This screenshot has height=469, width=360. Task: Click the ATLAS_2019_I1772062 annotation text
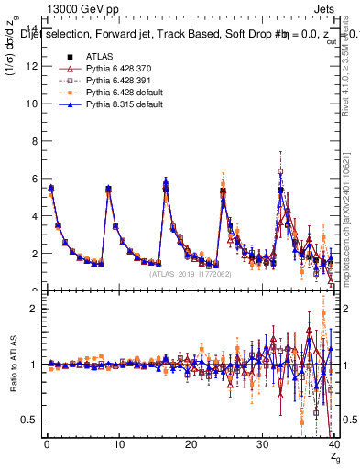pyautogui.click(x=189, y=273)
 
